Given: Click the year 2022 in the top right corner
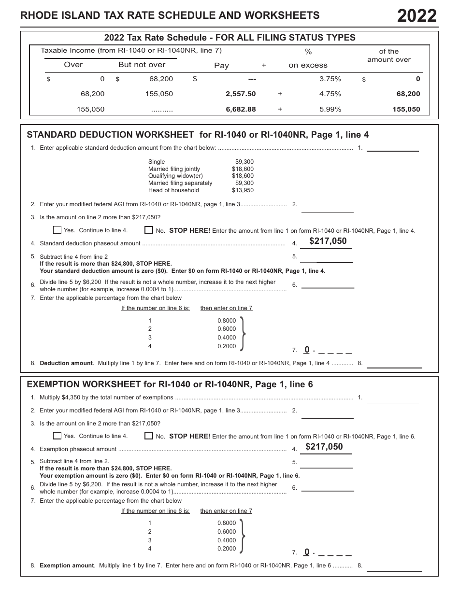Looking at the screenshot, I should pyautogui.click(x=417, y=16).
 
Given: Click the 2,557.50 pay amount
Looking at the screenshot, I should pyautogui.click(x=241, y=94).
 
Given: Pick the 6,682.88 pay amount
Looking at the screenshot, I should pyautogui.click(x=241, y=109).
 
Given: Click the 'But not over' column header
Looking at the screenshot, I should pyautogui.click(x=142, y=65).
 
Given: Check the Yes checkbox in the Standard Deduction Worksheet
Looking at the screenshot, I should pyautogui.click(x=57, y=230).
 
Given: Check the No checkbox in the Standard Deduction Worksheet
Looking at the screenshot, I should pyautogui.click(x=149, y=230).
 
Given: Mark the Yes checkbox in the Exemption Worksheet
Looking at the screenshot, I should pyautogui.click(x=57, y=436).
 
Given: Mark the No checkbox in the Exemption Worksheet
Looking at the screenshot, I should pyautogui.click(x=149, y=436).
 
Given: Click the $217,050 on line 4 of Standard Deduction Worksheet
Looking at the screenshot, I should pyautogui.click(x=328, y=241).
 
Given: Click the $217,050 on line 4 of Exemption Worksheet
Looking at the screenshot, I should pyautogui.click(x=324, y=447).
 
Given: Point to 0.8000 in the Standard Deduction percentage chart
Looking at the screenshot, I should pyautogui.click(x=227, y=321).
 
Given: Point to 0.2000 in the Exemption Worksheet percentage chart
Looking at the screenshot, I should pyautogui.click(x=227, y=549).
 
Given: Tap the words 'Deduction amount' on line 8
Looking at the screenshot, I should pyautogui.click(x=66, y=363).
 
